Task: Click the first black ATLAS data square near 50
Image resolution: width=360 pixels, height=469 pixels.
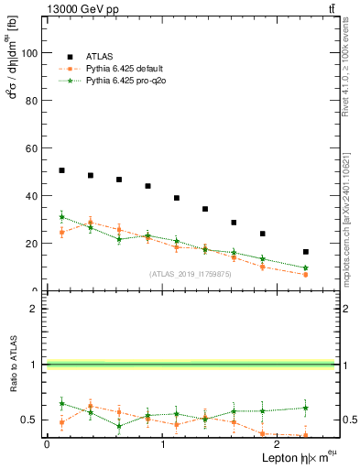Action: pyautogui.click(x=61, y=170)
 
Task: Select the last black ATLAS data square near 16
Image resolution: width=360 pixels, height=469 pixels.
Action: pyautogui.click(x=305, y=252)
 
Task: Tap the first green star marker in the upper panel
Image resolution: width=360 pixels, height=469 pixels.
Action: pyautogui.click(x=61, y=217)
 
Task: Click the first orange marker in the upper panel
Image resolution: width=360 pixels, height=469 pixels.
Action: pyautogui.click(x=61, y=233)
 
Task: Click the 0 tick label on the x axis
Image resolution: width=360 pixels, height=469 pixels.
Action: pyautogui.click(x=47, y=443)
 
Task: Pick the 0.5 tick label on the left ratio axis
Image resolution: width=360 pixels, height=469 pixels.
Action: pyautogui.click(x=31, y=420)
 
